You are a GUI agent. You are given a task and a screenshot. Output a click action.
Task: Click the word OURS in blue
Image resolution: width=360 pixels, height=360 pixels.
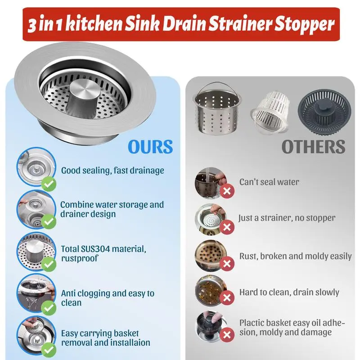pos(150,147)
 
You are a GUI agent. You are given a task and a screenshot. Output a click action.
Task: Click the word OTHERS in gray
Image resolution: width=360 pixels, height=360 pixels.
pos(313,147)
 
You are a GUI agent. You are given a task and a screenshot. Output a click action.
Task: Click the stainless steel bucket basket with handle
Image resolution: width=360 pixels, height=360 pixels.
pos(216,109)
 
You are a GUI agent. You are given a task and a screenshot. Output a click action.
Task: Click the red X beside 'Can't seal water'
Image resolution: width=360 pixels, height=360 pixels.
pos(227,191)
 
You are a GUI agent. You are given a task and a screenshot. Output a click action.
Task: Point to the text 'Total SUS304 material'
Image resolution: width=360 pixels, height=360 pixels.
pos(103,249)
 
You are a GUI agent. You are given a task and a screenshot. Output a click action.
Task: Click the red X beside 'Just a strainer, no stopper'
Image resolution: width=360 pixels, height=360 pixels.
pos(227,227)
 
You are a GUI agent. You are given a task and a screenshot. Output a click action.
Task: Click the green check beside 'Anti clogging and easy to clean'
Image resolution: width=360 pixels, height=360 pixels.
pos(49,308)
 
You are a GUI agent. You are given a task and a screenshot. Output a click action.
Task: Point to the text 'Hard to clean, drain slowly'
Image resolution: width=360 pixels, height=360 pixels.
pos(289,292)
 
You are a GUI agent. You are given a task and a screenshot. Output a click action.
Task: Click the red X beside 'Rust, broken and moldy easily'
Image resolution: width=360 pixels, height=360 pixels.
pos(227,264)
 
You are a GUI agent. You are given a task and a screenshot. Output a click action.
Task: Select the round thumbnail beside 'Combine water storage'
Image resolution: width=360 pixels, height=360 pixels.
pos(36,209)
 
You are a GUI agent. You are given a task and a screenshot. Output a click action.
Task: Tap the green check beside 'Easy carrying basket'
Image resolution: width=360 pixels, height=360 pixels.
pos(49,350)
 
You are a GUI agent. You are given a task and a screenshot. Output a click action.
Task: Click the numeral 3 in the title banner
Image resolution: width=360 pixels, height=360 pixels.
pos(32,26)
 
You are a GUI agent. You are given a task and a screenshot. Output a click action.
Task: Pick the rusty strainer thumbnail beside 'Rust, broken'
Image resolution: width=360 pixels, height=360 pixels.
pos(211,256)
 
